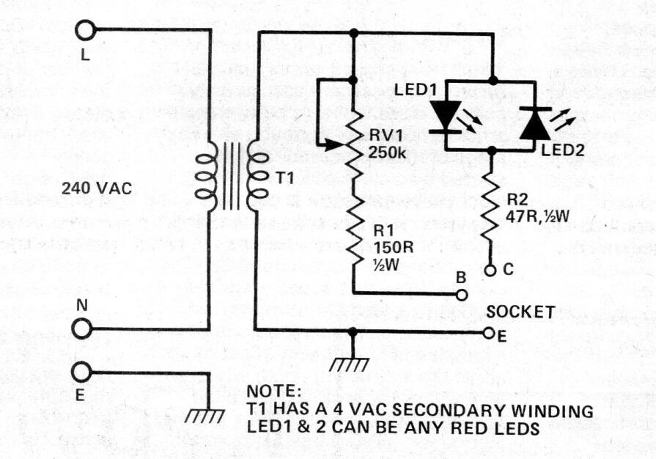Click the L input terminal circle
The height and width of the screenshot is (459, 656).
pos(85,30)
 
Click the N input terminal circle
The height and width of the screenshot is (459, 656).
pos(83,329)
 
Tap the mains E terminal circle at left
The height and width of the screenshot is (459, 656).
pos(83,372)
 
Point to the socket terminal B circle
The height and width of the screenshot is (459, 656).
pos(461,293)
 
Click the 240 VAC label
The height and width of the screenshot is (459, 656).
pos(97,188)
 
